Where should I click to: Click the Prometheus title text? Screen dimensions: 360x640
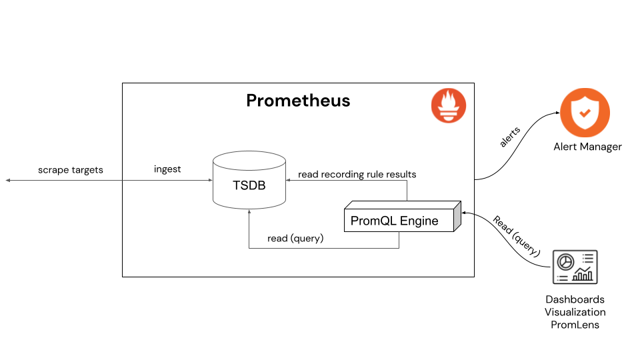pyautogui.click(x=298, y=101)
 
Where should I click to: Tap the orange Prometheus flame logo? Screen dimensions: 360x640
pyautogui.click(x=449, y=106)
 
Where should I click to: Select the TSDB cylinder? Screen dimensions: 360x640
pyautogui.click(x=249, y=181)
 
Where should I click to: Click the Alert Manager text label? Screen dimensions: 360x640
pyautogui.click(x=587, y=147)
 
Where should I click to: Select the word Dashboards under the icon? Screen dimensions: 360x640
pyautogui.click(x=575, y=299)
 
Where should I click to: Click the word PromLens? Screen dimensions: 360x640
pyautogui.click(x=575, y=325)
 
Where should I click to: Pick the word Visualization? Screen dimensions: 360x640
pyautogui.click(x=575, y=312)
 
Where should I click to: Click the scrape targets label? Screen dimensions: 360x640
pyautogui.click(x=71, y=170)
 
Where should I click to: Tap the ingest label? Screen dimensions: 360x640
pyautogui.click(x=167, y=169)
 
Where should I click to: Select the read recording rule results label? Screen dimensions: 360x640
pyautogui.click(x=357, y=174)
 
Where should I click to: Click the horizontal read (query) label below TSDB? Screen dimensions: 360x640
pyautogui.click(x=295, y=238)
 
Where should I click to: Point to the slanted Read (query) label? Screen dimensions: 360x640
pyautogui.click(x=515, y=235)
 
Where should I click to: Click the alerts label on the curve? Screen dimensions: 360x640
pyautogui.click(x=511, y=136)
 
